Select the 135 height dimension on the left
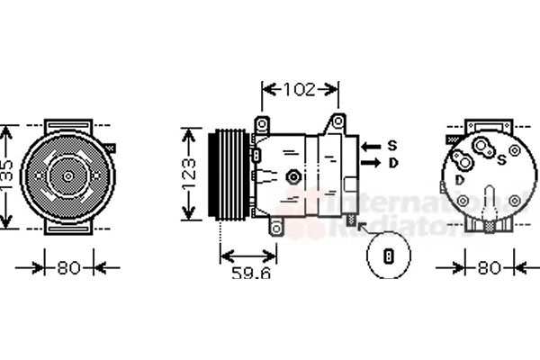click(x=7, y=175)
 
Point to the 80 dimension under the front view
click(x=68, y=267)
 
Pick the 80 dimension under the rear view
click(x=489, y=267)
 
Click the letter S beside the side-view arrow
click(x=392, y=145)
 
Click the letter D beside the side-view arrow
click(x=392, y=163)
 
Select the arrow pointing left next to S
click(x=370, y=145)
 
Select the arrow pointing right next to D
click(x=370, y=163)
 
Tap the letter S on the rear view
click(x=500, y=160)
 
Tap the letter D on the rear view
click(x=460, y=180)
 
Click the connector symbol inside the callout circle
click(x=389, y=256)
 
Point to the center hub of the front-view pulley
click(x=68, y=175)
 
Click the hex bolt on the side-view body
click(x=292, y=176)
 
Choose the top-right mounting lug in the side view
click(x=338, y=120)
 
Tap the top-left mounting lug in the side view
click(x=262, y=123)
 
